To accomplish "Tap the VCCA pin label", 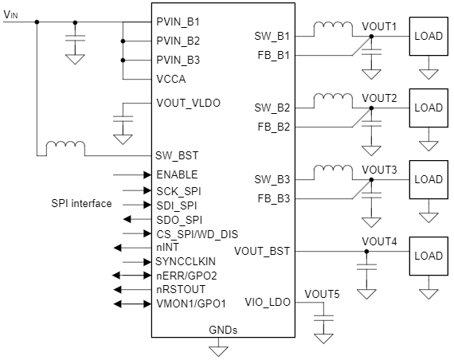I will click(172, 80).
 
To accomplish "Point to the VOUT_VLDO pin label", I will click(189, 103).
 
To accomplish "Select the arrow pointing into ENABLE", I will click(131, 174).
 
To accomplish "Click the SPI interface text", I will click(81, 204).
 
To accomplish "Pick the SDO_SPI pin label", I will click(179, 219).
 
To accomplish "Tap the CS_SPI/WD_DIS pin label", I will click(197, 233).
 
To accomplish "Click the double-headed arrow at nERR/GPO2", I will click(131, 276).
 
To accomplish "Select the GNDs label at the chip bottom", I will click(223, 329).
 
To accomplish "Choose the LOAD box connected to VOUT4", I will click(428, 256).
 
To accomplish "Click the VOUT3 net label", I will click(379, 170).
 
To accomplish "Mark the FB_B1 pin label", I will click(272, 55).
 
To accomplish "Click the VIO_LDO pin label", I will click(268, 302).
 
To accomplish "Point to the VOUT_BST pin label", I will click(262, 251).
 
